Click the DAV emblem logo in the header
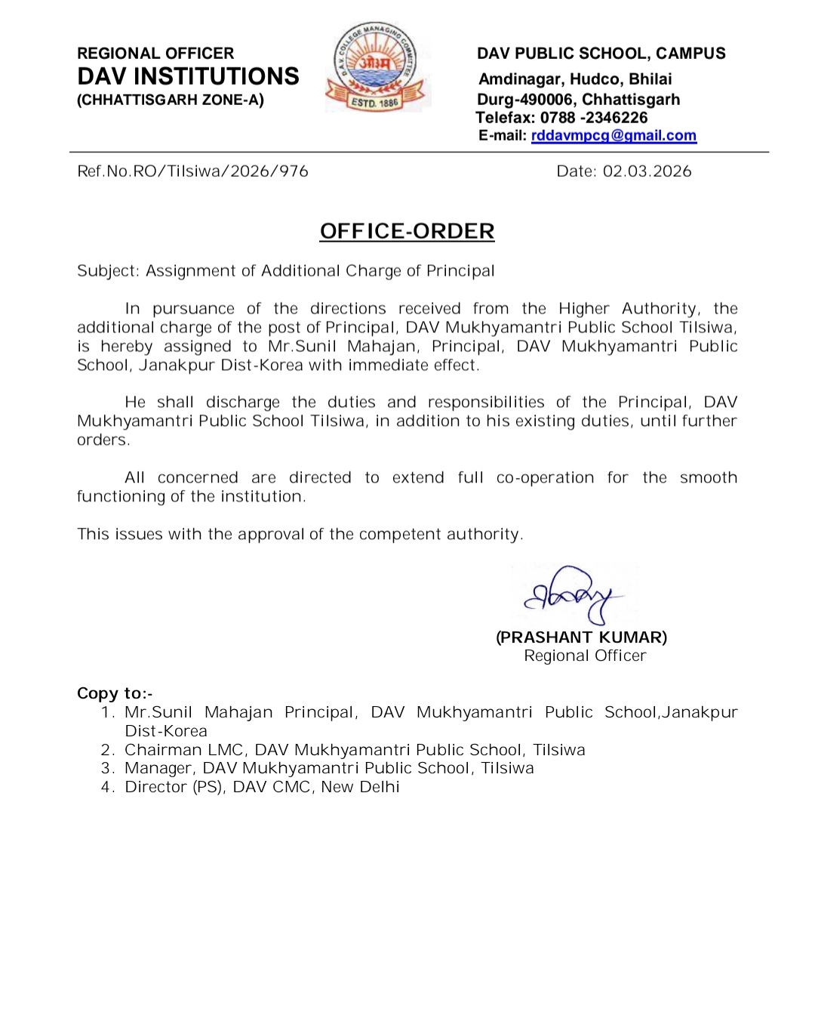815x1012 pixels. point(377,67)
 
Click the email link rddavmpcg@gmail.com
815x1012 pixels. point(614,136)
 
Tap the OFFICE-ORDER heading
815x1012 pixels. point(407,231)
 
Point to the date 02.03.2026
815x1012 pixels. point(647,171)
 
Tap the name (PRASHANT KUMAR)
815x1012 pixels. point(581,637)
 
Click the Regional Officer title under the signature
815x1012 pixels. point(585,656)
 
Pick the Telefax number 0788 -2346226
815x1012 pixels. point(594,118)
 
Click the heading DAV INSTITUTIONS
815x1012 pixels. point(188,76)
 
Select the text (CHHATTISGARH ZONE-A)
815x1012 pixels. point(171,100)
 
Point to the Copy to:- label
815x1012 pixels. point(115,693)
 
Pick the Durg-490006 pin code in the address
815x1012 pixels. point(524,100)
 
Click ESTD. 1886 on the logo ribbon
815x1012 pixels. point(374,103)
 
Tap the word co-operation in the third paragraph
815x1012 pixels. point(545,478)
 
